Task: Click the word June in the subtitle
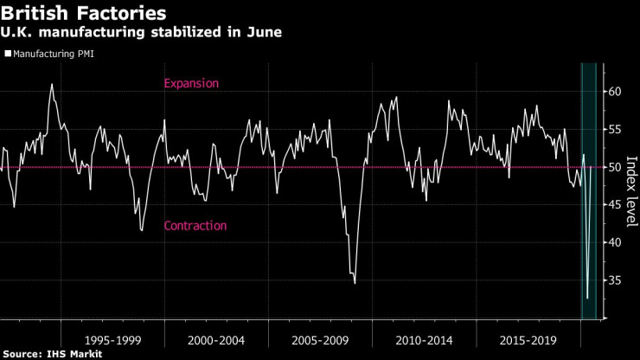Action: (x=266, y=32)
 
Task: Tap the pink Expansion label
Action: (x=191, y=84)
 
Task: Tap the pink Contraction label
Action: (x=195, y=226)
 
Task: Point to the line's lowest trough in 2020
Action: (x=587, y=298)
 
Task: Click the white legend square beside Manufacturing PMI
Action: (x=7, y=55)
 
